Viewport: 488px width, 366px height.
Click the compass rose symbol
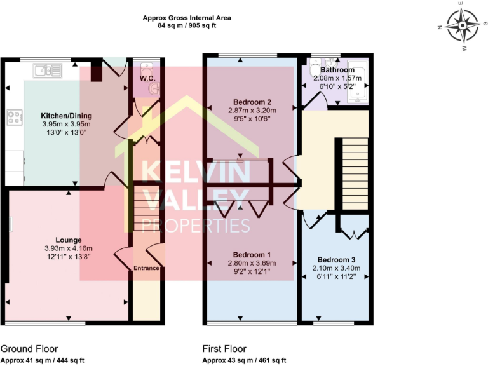462,25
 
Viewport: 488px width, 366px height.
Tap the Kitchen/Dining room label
67,115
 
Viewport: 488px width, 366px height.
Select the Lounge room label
68,240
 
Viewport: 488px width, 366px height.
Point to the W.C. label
147,79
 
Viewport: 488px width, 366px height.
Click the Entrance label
146,268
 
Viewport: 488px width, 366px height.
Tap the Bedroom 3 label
336,260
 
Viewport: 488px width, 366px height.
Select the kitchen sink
44,69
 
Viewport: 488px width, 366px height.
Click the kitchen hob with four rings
15,117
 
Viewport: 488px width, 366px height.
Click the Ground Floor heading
29,349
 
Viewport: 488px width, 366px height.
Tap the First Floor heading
224,349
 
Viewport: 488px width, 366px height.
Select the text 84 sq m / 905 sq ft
186,25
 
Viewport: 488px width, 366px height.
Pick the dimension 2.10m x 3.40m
336,268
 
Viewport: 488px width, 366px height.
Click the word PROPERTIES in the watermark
195,225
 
